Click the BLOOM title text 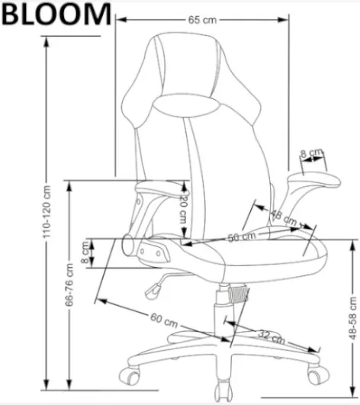coord(56,14)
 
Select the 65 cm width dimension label coord(202,20)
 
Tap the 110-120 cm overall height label coord(47,212)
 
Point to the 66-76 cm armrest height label coord(69,284)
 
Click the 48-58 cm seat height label coord(352,318)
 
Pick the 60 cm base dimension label coord(164,320)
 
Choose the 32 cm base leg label coord(272,337)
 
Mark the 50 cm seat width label coord(242,236)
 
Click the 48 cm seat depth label coord(283,217)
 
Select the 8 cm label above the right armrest coord(311,153)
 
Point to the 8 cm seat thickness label coord(85,252)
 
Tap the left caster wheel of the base coord(130,376)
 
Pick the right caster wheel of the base coord(318,375)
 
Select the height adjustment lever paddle coord(153,291)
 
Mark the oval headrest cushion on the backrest coord(186,105)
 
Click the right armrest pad coord(314,180)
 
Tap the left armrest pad coord(162,189)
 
